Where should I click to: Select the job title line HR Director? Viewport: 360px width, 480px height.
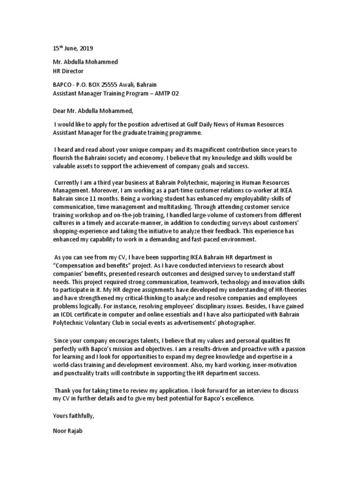pos(67,71)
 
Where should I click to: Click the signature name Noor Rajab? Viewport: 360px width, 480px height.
pos(67,432)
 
